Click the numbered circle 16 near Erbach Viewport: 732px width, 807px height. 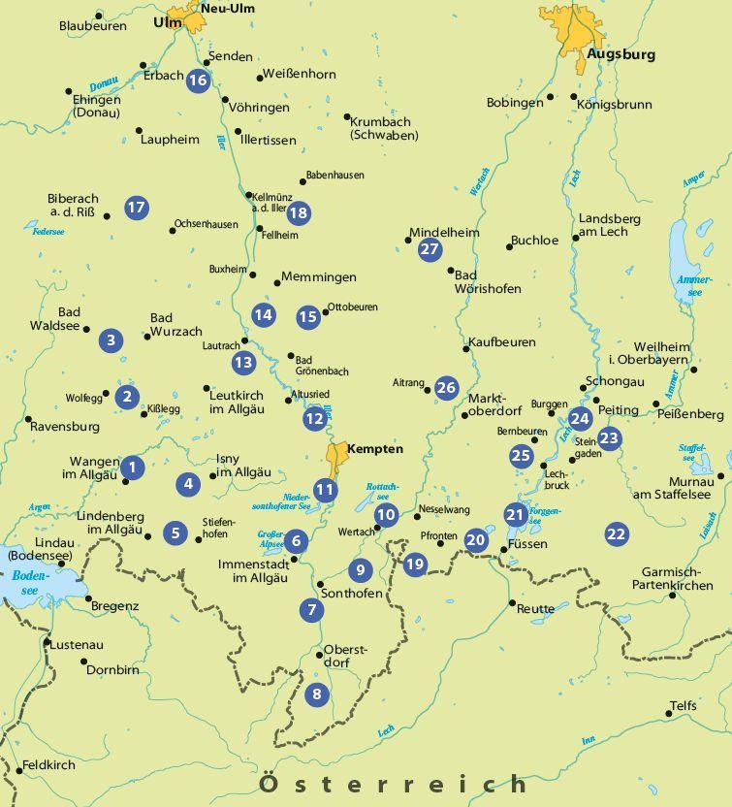(198, 81)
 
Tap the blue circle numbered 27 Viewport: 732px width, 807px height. (430, 249)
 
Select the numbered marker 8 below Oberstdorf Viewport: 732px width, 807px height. (315, 694)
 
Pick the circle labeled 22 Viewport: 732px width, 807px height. (616, 533)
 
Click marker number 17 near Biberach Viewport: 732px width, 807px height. (136, 207)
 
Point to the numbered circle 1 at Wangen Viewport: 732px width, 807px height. (133, 468)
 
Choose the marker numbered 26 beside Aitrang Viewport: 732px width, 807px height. (445, 388)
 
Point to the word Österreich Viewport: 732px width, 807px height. (394, 783)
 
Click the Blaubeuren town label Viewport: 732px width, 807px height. (92, 26)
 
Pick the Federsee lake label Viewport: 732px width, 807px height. (47, 233)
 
